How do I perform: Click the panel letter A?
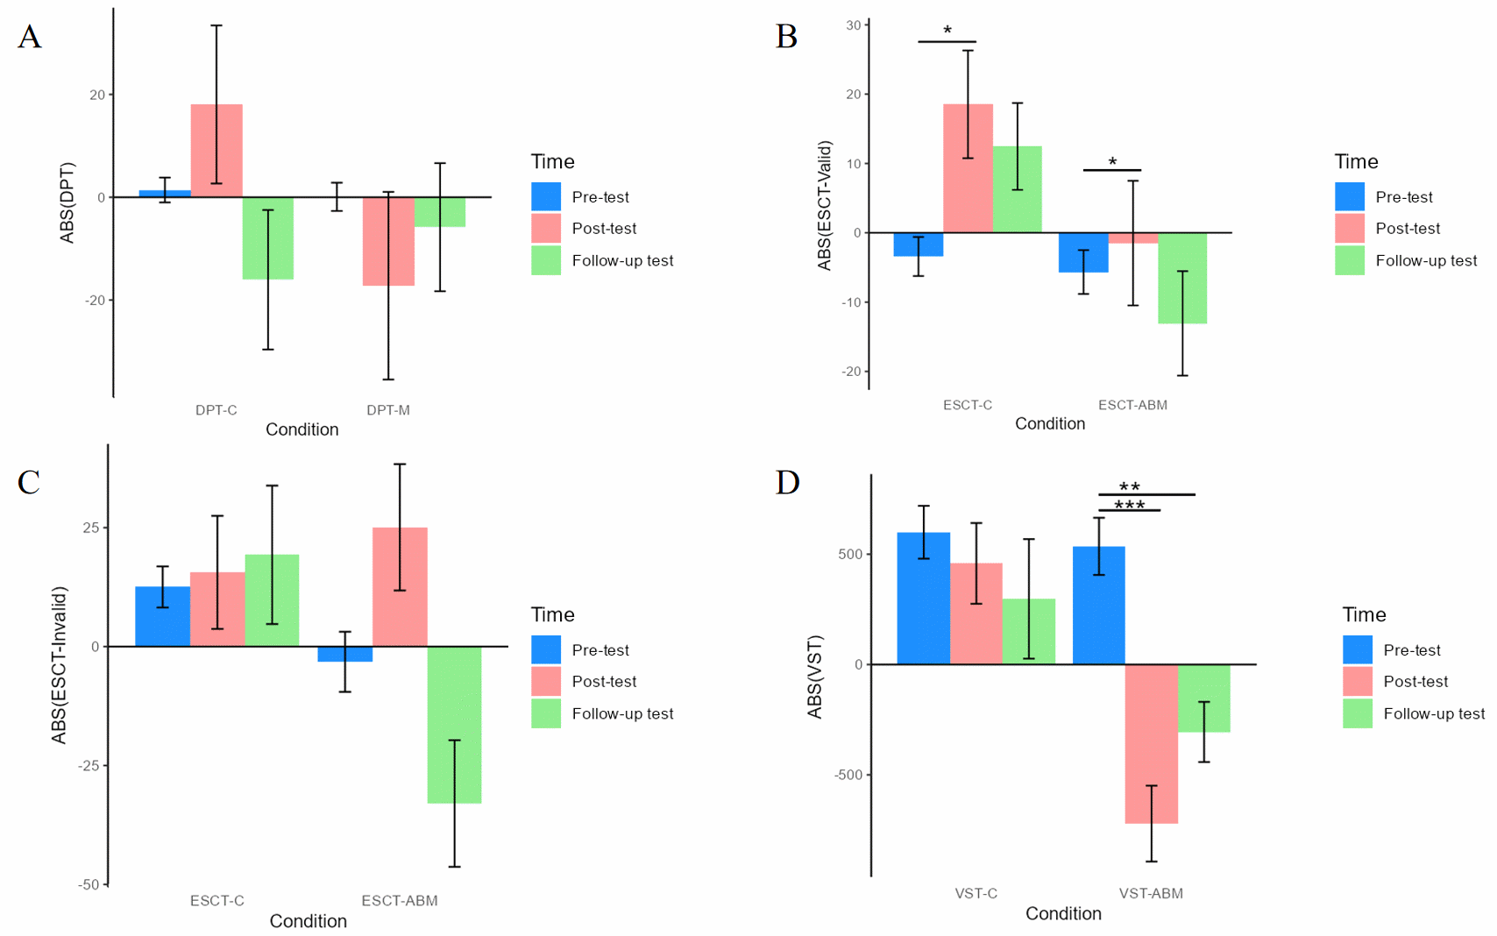click(x=30, y=38)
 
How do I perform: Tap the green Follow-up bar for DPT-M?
click(x=440, y=212)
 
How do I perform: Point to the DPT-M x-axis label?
click(x=388, y=410)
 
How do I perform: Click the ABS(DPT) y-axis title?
click(x=67, y=202)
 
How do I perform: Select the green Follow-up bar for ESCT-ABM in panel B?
click(x=1182, y=278)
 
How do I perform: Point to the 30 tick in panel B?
click(x=853, y=25)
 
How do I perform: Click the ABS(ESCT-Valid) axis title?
click(x=824, y=206)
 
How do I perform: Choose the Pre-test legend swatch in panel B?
click(x=1350, y=197)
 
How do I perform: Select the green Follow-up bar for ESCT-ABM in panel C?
click(x=454, y=725)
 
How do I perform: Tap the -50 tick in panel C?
click(x=89, y=885)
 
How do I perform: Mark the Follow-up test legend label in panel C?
click(x=622, y=714)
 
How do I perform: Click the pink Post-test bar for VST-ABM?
click(x=1151, y=743)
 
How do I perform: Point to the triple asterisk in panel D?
click(x=1130, y=506)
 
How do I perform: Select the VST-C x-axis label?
click(x=976, y=894)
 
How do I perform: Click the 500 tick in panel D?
click(x=850, y=555)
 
